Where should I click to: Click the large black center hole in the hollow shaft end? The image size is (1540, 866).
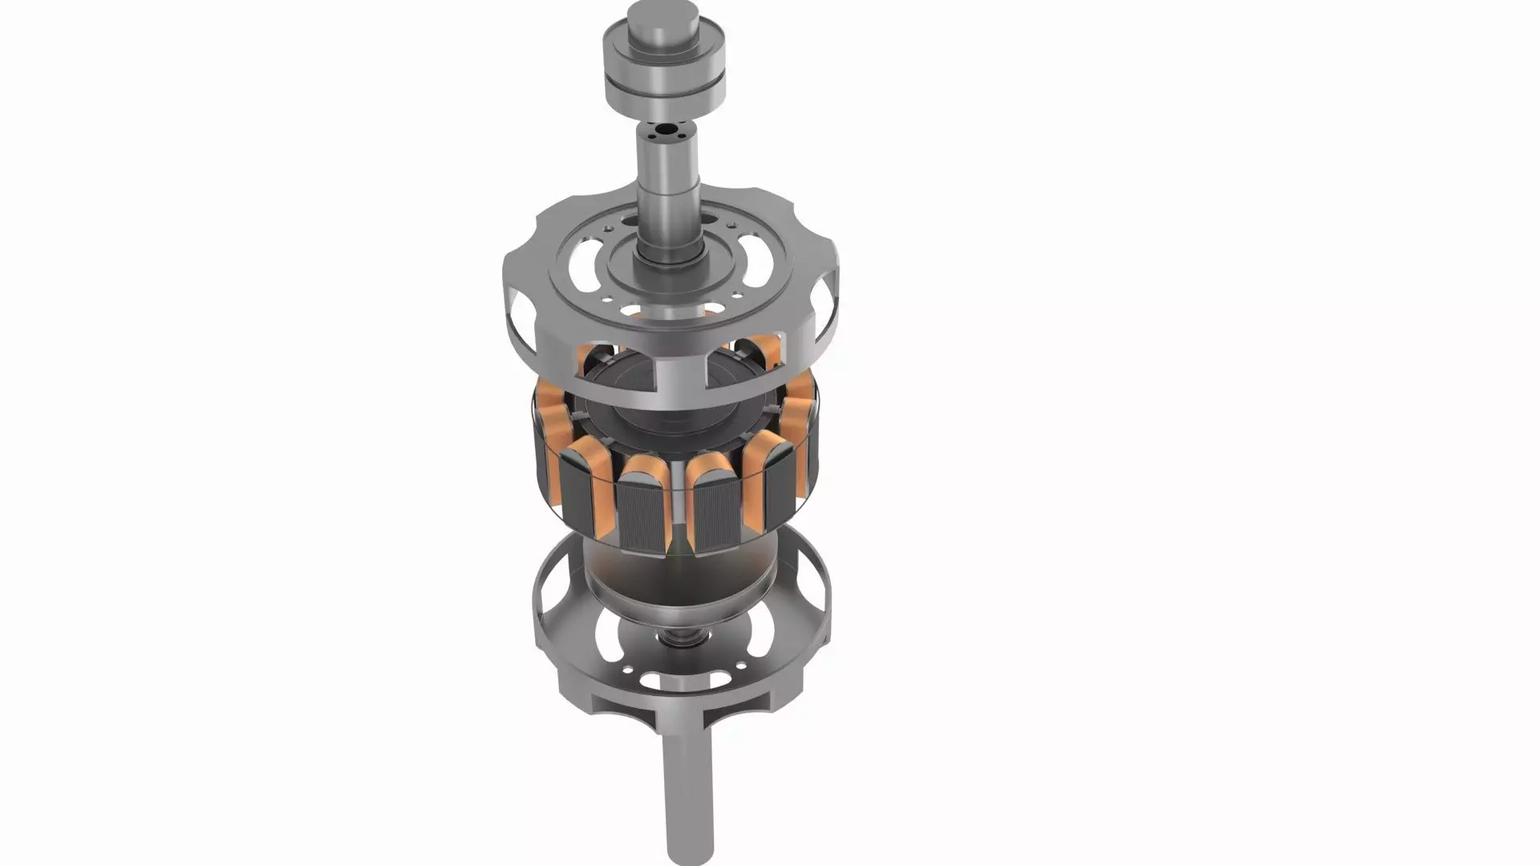665,128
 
